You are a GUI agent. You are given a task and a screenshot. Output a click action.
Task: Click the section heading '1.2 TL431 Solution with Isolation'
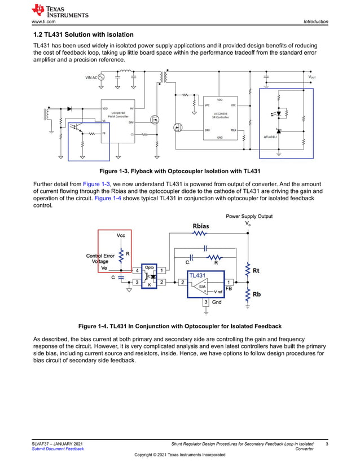[84, 35]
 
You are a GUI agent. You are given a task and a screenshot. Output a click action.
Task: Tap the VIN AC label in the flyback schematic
[91, 77]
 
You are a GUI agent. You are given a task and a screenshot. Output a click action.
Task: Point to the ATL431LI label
[272, 137]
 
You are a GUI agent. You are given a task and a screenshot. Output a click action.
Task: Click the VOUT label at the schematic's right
[311, 76]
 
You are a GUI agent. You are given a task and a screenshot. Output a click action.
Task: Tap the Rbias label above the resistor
[200, 226]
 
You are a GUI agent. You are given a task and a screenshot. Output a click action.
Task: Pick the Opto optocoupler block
[150, 276]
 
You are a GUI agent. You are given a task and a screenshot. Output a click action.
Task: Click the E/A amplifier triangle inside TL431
[201, 286]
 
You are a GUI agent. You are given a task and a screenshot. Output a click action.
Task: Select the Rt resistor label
[256, 271]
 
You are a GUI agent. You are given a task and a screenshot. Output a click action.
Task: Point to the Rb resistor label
[256, 294]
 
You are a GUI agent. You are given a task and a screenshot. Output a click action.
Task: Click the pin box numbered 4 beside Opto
[137, 271]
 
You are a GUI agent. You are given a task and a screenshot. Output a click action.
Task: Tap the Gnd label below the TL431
[217, 302]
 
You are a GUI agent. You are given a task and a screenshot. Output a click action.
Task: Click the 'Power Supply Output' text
[249, 216]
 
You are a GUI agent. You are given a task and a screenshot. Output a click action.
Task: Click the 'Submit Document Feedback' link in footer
[58, 449]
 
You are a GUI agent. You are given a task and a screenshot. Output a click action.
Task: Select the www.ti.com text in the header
[43, 21]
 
